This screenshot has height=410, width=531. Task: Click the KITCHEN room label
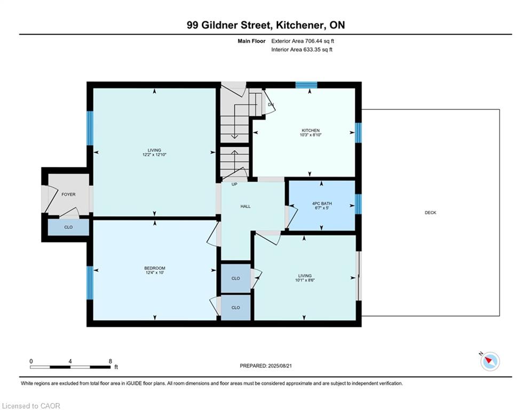coord(311,130)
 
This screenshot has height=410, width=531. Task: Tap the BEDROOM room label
coord(155,268)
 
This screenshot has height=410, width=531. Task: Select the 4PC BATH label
coord(322,203)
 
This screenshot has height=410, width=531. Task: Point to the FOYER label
coord(68,194)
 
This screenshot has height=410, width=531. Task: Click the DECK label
coord(431,213)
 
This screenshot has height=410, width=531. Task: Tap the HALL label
coord(245,207)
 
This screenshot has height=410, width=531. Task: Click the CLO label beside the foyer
coord(68,227)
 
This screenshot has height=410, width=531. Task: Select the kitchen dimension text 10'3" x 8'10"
coord(311,135)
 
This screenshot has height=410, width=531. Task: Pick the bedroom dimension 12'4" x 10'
coord(155,272)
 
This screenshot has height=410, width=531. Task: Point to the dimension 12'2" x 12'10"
coord(154,154)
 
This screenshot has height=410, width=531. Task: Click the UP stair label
coord(234,184)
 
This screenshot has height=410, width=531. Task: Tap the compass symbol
coord(490,361)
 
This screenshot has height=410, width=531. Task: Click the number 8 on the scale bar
coord(110,361)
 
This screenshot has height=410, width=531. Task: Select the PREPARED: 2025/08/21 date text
coord(266,366)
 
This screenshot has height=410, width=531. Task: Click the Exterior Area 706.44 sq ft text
coord(303,41)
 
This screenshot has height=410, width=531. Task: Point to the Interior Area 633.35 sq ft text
coord(302,50)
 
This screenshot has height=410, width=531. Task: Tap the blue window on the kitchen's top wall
coord(306,85)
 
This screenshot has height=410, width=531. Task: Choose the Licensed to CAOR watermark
coord(31,406)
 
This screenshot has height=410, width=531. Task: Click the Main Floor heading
coord(251,41)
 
